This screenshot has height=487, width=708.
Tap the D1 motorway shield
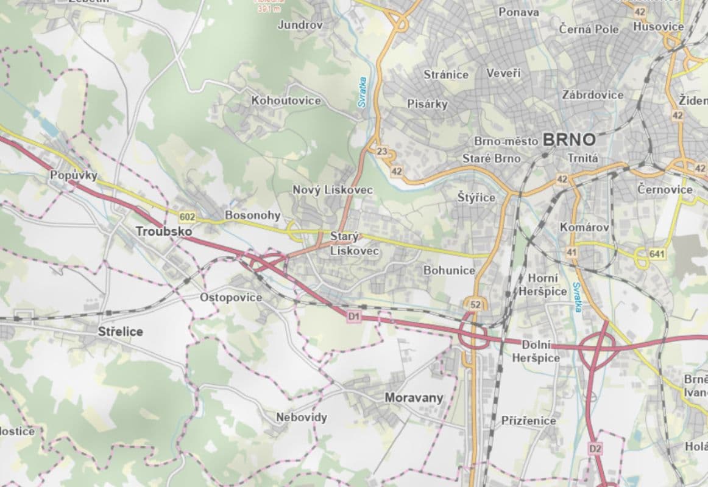pyautogui.click(x=354, y=316)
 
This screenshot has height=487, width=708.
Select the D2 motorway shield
pyautogui.click(x=595, y=449)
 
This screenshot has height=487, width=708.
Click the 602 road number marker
pyautogui.click(x=188, y=216)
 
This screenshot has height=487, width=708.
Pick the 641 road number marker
pyautogui.click(x=658, y=253)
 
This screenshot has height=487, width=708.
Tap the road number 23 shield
pyautogui.click(x=382, y=152)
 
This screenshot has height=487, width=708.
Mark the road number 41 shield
pyautogui.click(x=571, y=251)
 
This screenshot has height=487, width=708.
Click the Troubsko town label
pyautogui.click(x=164, y=231)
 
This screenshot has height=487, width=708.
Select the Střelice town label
pyautogui.click(x=121, y=332)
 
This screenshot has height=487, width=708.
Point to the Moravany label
pyautogui.click(x=414, y=398)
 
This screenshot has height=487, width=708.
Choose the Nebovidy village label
pyautogui.click(x=301, y=418)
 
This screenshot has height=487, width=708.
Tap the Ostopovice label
pyautogui.click(x=231, y=298)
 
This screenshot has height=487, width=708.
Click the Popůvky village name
pyautogui.click(x=74, y=175)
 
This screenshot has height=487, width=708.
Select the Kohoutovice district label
pyautogui.click(x=286, y=100)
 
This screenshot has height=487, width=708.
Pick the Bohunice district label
pyautogui.click(x=449, y=270)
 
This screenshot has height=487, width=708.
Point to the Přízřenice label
pyautogui.click(x=528, y=421)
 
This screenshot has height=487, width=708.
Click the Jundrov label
pyautogui.click(x=300, y=25)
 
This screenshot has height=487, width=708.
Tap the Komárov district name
pyautogui.click(x=584, y=227)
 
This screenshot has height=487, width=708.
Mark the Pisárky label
pyautogui.click(x=427, y=104)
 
